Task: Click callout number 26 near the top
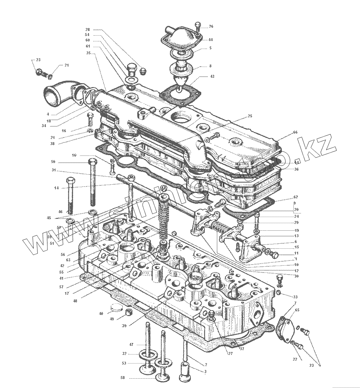coord(211,26)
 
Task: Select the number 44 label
coord(210,40)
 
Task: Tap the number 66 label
coord(295,132)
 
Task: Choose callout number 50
coord(53,162)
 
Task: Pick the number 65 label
coord(297,310)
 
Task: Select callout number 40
coord(101,313)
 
